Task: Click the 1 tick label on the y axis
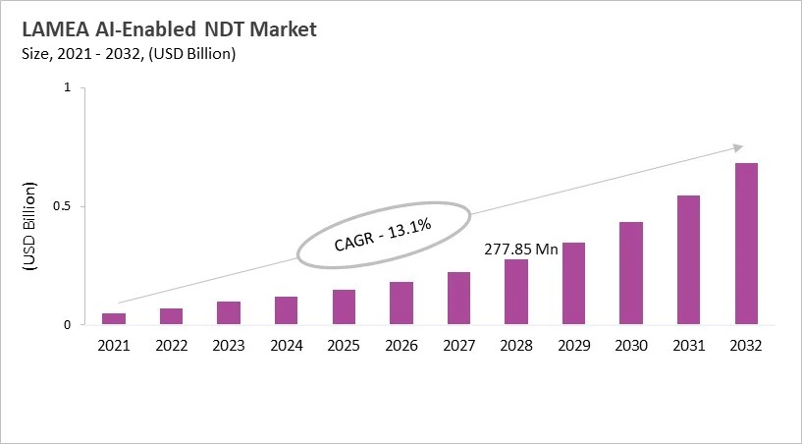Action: (67, 87)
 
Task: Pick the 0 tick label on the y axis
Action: (67, 325)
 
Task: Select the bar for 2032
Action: (746, 244)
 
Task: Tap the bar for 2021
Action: (114, 318)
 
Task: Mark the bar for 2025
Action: (344, 306)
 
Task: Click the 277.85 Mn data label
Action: (521, 250)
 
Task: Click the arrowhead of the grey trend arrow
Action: (739, 148)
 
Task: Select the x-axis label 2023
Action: (229, 345)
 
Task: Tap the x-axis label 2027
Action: (458, 345)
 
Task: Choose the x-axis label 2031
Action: (689, 345)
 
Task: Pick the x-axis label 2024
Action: (286, 345)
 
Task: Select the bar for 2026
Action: (401, 304)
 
